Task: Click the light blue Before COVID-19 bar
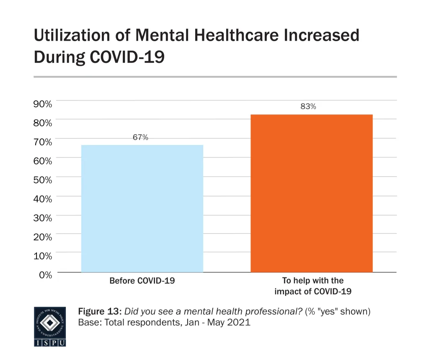click(x=142, y=208)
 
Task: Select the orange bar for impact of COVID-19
click(x=311, y=193)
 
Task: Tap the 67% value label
click(x=140, y=137)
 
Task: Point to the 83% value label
click(x=308, y=106)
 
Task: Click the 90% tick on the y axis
click(x=43, y=104)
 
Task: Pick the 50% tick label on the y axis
click(x=43, y=179)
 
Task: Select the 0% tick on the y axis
click(x=45, y=275)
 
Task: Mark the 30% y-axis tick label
click(x=43, y=218)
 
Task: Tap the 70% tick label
click(x=43, y=142)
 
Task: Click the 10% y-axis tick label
click(x=43, y=256)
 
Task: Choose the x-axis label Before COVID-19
click(x=142, y=281)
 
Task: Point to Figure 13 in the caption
click(x=100, y=312)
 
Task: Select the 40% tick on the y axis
click(x=43, y=199)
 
